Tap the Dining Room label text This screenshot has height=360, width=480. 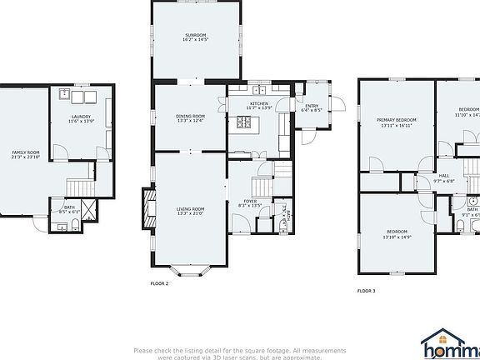[190, 118]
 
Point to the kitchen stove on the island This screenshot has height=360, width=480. [246, 123]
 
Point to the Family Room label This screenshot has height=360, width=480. [25, 154]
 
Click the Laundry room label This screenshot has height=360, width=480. [81, 118]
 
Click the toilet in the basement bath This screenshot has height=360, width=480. [61, 225]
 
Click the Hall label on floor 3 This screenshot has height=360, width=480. [443, 177]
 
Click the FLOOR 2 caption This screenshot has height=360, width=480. [159, 284]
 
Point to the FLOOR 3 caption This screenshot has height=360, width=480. [366, 291]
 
